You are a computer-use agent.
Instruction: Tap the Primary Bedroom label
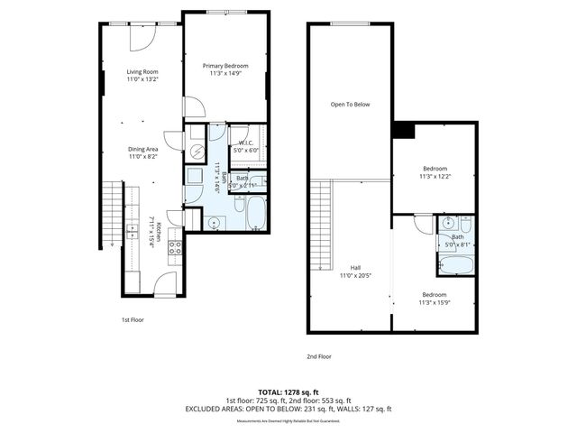tap(225, 65)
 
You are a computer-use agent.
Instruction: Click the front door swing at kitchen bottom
tap(165, 284)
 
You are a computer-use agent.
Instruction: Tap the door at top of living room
tap(142, 36)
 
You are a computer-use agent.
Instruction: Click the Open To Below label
tap(349, 104)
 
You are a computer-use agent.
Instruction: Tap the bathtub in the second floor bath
tap(455, 265)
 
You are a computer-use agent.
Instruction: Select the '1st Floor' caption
tap(133, 319)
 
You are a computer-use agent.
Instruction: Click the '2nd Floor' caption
tap(319, 356)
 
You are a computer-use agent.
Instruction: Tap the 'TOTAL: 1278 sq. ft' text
tap(288, 392)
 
